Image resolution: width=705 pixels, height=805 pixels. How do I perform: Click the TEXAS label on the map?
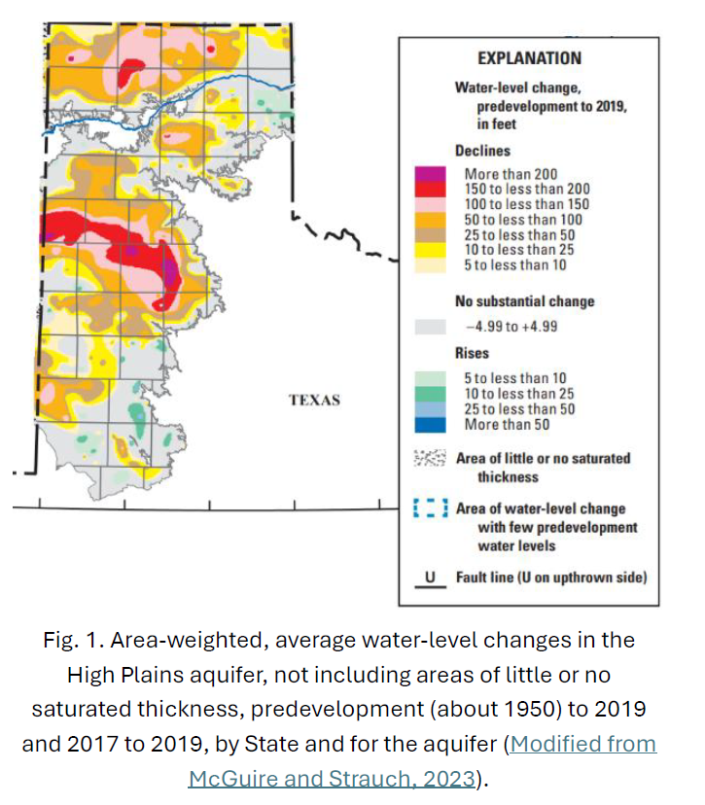314,401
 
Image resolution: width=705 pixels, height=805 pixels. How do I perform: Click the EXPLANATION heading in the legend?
529,58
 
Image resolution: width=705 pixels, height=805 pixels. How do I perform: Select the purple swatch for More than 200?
430,174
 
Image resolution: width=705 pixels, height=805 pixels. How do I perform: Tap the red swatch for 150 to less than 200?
430,189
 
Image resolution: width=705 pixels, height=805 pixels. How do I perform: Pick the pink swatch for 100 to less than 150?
430,204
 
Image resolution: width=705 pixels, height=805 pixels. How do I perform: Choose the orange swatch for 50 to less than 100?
430,219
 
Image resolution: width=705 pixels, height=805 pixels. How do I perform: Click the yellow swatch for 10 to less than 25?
430,250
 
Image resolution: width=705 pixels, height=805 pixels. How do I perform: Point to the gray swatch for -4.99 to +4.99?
430,328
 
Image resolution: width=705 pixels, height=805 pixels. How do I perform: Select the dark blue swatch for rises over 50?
430,425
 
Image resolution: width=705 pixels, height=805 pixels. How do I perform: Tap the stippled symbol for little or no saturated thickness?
430,458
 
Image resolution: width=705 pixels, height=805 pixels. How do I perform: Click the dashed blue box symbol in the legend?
430,508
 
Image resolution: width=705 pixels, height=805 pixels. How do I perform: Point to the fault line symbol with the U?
430,577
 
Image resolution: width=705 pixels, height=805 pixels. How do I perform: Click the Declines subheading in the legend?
482,151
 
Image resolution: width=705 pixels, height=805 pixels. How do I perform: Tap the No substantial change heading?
524,301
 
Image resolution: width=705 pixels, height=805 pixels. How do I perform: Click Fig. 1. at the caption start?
69,640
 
